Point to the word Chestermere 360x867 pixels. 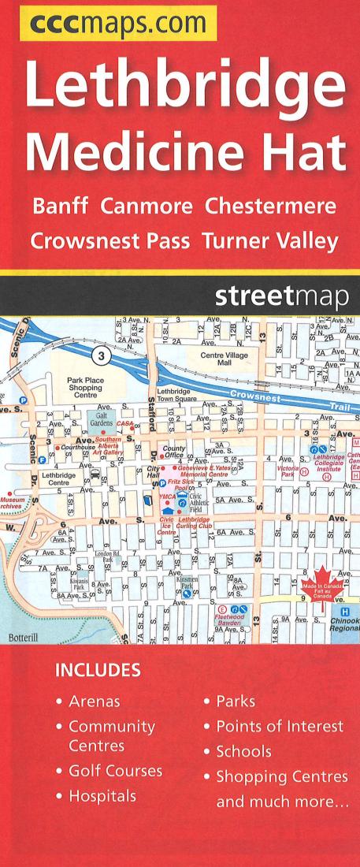tap(270, 206)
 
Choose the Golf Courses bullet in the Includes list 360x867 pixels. tap(114, 770)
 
